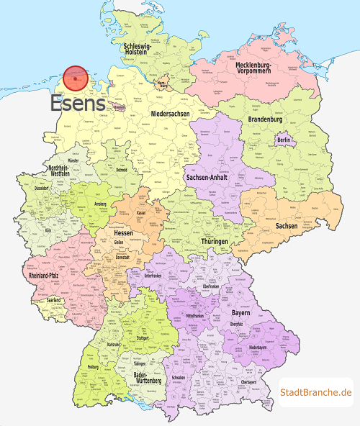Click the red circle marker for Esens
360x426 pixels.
click(x=76, y=79)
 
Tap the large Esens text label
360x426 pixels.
click(x=78, y=104)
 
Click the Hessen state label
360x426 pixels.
click(x=123, y=234)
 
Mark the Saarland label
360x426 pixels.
click(x=53, y=299)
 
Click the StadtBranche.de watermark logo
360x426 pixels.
click(x=316, y=392)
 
